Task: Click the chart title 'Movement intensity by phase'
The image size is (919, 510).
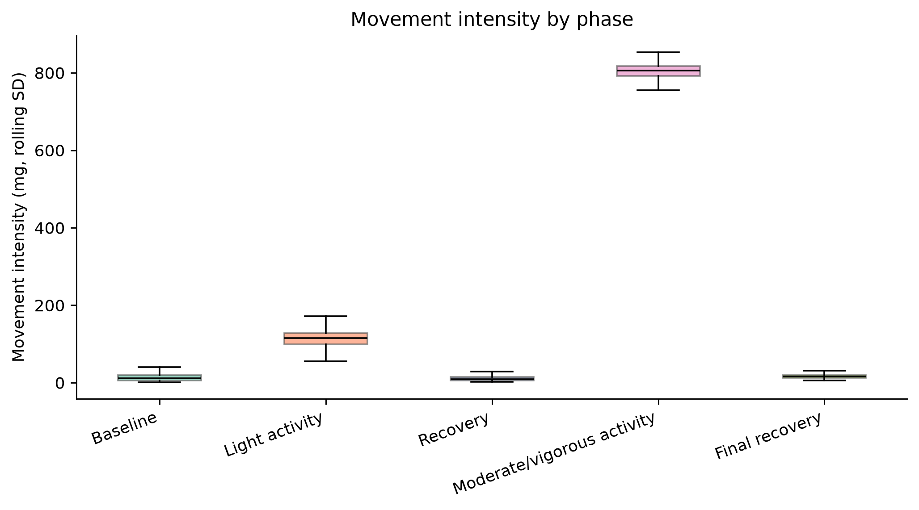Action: (x=492, y=20)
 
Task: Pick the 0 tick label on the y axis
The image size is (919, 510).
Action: (x=60, y=383)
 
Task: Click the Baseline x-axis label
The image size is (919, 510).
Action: (x=125, y=428)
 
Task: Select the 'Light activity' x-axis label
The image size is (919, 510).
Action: (x=274, y=435)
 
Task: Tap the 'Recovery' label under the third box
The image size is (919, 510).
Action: (x=454, y=429)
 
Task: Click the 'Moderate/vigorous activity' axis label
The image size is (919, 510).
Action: (x=554, y=453)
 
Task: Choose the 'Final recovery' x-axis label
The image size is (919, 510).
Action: (x=768, y=436)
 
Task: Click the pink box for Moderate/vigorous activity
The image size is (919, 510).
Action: (x=658, y=71)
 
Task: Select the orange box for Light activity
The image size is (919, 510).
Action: (x=326, y=339)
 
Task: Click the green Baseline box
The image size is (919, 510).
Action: (x=160, y=378)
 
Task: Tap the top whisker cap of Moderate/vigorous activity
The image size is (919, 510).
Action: (x=658, y=52)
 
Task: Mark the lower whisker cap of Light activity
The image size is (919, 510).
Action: (x=326, y=361)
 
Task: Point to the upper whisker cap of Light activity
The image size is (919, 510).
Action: (x=326, y=316)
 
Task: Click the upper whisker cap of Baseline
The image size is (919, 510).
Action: (x=160, y=367)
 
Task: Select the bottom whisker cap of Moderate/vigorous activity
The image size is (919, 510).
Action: (x=658, y=90)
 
